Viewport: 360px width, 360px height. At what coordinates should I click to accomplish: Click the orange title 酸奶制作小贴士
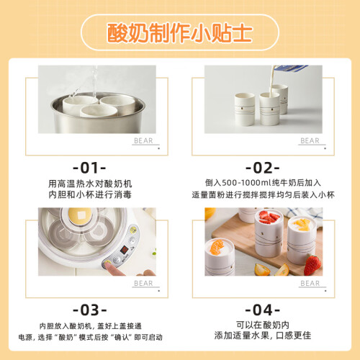click(x=179, y=33)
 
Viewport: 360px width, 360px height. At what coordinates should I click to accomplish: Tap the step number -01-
click(x=89, y=168)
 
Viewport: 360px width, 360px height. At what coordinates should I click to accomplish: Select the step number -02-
click(x=263, y=168)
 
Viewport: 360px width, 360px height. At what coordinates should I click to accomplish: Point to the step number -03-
click(x=90, y=310)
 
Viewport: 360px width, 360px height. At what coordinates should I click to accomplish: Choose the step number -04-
click(x=263, y=310)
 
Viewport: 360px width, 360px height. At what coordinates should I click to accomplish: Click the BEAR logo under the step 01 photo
click(x=143, y=140)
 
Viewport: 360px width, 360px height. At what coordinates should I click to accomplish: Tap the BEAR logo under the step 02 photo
click(x=310, y=140)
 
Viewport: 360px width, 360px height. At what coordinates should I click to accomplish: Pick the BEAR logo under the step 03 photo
click(x=143, y=283)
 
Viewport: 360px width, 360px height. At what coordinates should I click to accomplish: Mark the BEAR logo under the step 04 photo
click(x=310, y=283)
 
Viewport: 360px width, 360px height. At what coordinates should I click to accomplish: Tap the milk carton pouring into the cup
click(x=289, y=68)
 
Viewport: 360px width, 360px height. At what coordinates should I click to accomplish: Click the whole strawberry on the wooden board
click(x=312, y=265)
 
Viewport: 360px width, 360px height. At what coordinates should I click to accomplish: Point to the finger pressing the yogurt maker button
click(x=114, y=269)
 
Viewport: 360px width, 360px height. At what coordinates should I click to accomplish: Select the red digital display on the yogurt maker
click(x=124, y=250)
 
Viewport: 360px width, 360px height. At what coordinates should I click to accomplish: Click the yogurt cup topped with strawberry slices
click(x=269, y=233)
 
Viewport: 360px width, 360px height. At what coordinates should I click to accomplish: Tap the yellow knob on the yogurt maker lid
click(x=80, y=215)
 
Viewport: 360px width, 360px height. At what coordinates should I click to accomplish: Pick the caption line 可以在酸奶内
click(x=263, y=325)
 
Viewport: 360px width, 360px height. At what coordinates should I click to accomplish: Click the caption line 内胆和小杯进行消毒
click(x=90, y=194)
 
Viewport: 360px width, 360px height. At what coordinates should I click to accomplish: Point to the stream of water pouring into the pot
click(x=94, y=81)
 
